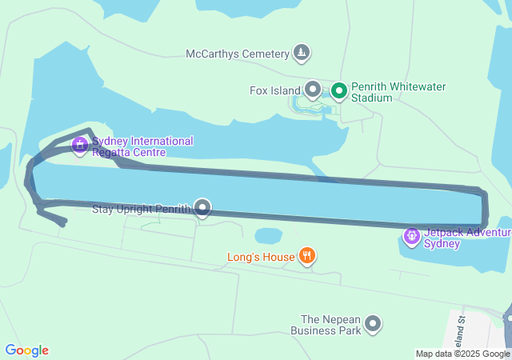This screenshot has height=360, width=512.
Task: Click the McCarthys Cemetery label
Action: coord(237,54)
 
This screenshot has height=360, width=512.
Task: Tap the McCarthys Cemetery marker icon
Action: coord(301,54)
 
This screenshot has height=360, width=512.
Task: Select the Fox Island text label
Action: coord(274,90)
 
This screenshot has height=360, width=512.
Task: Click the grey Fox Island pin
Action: coord(313,90)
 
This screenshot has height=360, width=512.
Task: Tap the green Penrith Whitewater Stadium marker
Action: coord(338,90)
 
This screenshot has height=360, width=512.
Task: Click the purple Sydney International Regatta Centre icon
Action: coord(79,145)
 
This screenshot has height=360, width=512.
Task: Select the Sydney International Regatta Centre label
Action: coord(142,146)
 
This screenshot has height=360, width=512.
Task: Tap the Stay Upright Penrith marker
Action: coord(202,209)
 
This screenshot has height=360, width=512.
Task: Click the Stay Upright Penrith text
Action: coord(141,210)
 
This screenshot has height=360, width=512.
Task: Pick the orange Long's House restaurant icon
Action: coord(306,256)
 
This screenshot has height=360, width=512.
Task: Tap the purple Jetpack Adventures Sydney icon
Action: coord(412,236)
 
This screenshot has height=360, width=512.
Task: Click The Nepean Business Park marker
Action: coord(373,324)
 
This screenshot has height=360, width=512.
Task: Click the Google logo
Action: coord(26,350)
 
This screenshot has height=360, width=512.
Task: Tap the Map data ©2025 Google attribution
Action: coord(462,354)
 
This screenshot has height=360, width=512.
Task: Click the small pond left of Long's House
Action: coord(268,236)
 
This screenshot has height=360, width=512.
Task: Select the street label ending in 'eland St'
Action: coord(462,329)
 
